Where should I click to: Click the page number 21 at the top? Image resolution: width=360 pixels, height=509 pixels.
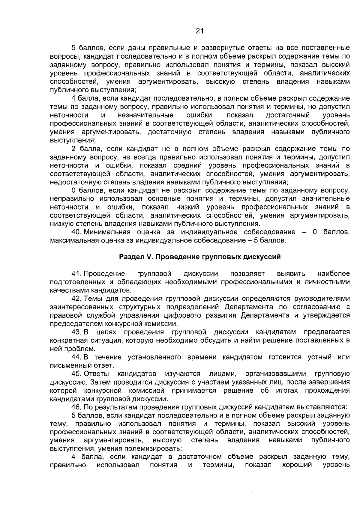point(199,31)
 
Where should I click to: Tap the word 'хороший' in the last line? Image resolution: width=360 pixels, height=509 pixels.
point(297,465)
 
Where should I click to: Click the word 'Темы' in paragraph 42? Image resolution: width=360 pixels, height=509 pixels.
point(93,299)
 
